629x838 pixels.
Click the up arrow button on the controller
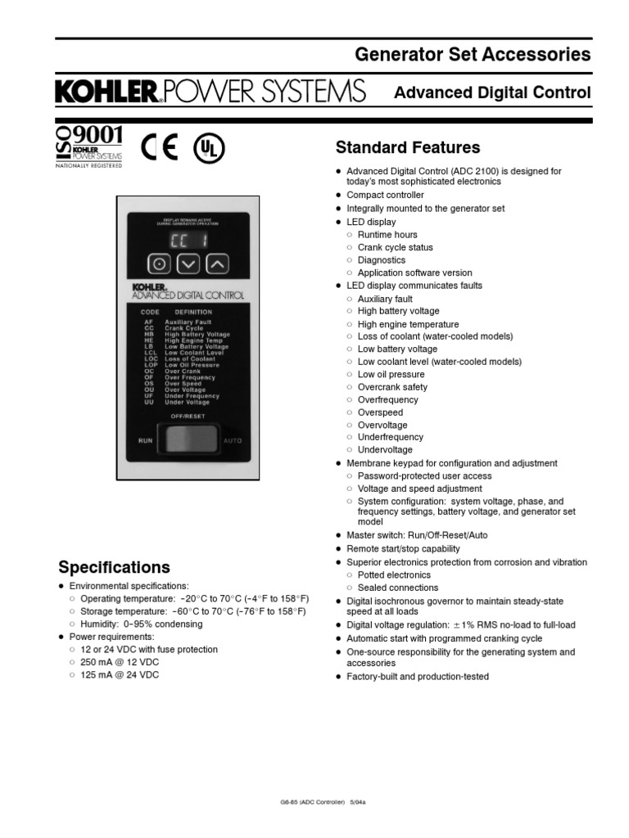216,264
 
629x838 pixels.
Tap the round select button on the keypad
161,264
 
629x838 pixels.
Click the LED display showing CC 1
188,239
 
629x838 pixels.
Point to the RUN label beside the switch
145,440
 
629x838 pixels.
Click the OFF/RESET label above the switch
188,416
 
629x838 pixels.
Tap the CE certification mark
159,147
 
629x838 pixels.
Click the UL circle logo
208,148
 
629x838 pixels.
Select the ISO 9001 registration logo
88,144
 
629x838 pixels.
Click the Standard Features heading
408,147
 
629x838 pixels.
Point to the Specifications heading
114,567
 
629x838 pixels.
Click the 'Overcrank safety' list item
392,387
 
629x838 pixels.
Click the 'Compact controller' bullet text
385,196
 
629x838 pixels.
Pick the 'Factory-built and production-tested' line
417,677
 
